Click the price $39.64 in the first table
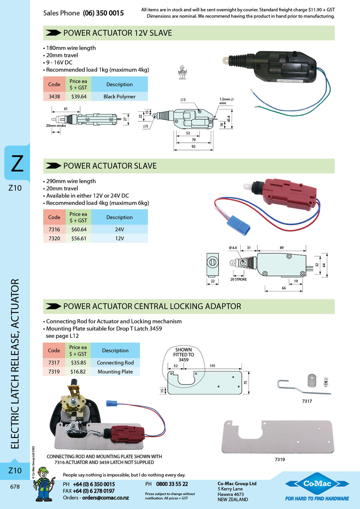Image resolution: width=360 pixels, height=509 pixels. pos(79,97)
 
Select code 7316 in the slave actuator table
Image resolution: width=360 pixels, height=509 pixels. pos(54,230)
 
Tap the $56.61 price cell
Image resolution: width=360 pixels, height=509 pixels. pos(79,239)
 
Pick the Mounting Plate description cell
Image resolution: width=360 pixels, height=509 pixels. pos(115,372)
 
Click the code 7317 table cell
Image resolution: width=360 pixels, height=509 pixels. pos(54,363)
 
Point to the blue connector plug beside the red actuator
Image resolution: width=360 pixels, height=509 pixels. pos(239,225)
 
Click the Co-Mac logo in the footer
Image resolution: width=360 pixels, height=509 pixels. pos(317,484)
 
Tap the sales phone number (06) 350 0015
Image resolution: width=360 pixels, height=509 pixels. pos(103,13)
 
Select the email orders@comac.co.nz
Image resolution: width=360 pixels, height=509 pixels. pos(105,498)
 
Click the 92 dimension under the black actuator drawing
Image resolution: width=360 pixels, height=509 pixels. pos(193,147)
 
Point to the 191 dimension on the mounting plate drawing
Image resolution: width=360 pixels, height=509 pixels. pos(212,366)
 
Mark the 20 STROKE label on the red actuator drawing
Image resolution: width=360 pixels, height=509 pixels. pos(238,279)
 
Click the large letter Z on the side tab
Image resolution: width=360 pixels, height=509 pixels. pos(17,163)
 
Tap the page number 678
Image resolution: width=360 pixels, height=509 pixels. pos(15,487)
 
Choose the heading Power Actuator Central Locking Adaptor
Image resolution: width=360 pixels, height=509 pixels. pos(152,306)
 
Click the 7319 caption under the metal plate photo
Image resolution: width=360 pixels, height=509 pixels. pos(280,459)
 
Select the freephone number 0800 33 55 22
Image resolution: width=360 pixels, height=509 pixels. pos(172,484)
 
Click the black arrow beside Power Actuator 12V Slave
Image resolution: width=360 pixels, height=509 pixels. pos(53,33)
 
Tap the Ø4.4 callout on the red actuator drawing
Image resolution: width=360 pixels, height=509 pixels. pos(233,248)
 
